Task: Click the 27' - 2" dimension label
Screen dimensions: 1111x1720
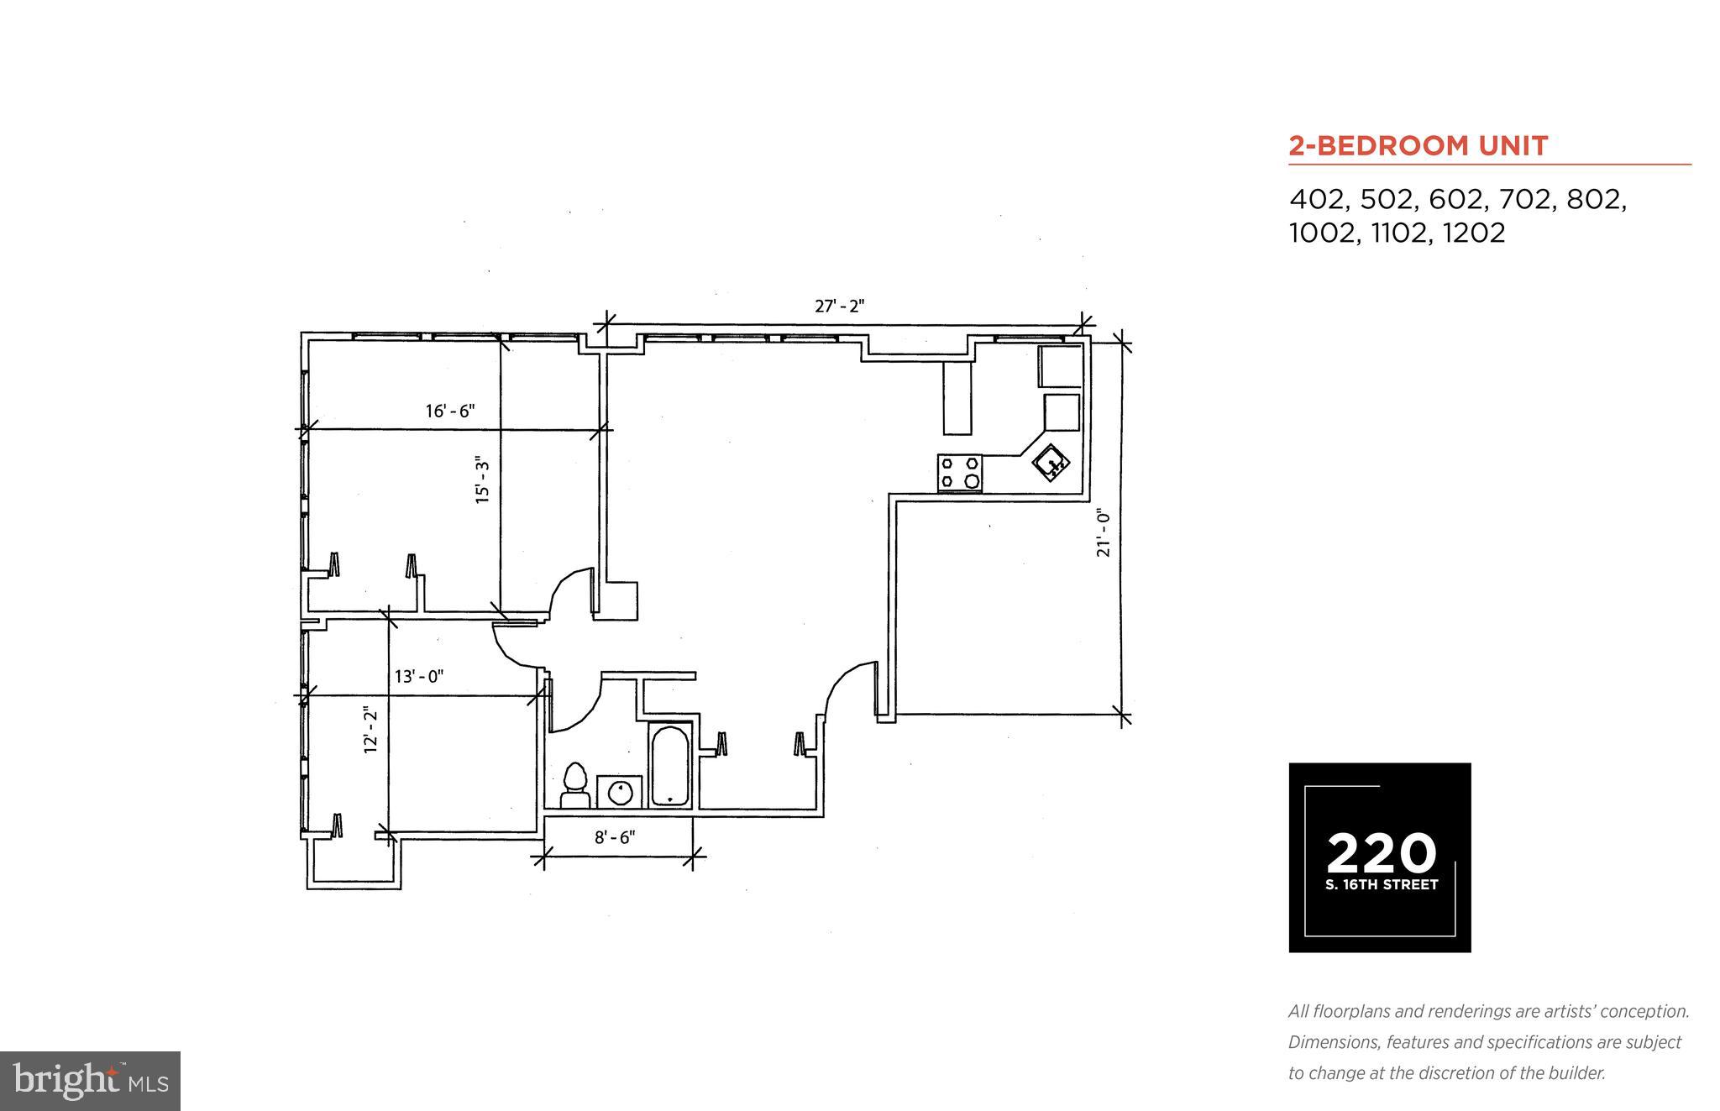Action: tap(839, 307)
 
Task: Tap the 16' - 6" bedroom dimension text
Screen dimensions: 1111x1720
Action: tap(450, 411)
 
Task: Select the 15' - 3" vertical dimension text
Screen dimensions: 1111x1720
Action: tap(482, 480)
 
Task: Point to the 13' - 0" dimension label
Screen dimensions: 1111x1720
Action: tap(419, 676)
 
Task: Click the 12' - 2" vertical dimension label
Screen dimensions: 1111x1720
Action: tap(370, 730)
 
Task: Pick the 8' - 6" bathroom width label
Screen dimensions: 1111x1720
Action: tap(615, 837)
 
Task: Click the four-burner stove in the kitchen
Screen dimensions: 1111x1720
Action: tap(959, 473)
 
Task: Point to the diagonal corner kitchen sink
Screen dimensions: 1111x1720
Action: tap(1051, 463)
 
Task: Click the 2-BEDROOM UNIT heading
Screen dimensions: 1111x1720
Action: tap(1418, 146)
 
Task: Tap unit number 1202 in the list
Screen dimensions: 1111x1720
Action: tap(1474, 233)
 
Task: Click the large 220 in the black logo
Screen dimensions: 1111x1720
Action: tap(1381, 852)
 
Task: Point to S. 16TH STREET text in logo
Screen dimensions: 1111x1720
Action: tap(1382, 884)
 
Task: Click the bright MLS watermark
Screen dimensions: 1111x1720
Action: tap(90, 1081)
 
